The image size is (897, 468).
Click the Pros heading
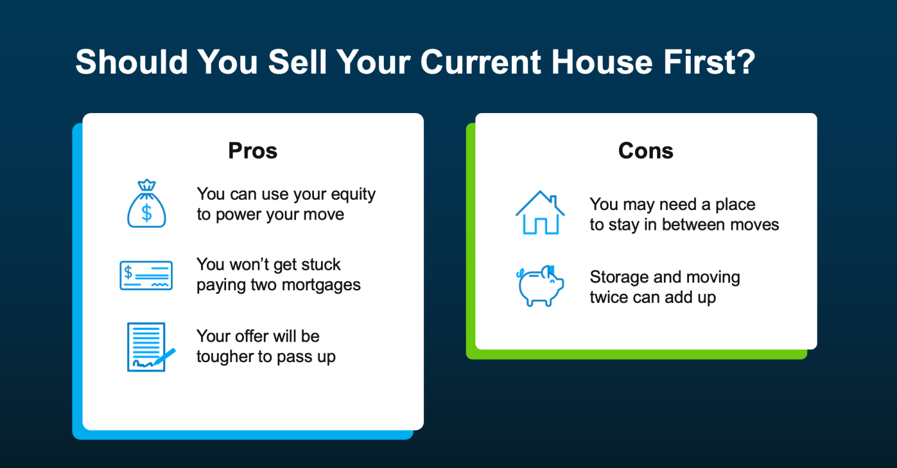click(x=253, y=151)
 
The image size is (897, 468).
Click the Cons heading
click(x=645, y=151)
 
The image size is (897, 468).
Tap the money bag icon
click(x=147, y=203)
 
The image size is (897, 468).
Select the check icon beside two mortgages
click(x=146, y=275)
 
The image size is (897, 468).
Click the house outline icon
click(x=540, y=212)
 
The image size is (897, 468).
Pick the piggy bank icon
click(x=540, y=285)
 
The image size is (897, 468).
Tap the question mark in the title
click(x=746, y=62)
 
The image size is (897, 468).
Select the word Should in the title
click(x=132, y=62)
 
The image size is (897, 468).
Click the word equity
click(x=353, y=195)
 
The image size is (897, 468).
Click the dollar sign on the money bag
click(x=147, y=212)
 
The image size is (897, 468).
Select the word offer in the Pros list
click(x=257, y=336)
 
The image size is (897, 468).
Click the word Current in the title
click(x=481, y=62)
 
